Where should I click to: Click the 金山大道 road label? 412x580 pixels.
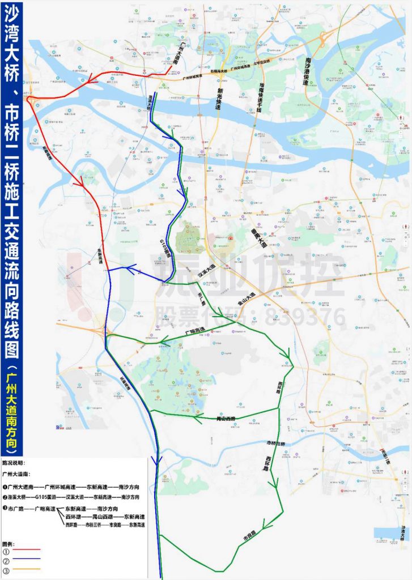click(x=247, y=296)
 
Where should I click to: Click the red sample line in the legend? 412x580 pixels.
click(x=28, y=549)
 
